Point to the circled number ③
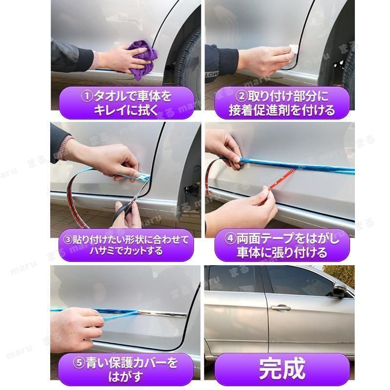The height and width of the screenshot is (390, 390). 68,240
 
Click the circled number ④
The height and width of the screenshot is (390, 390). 230,238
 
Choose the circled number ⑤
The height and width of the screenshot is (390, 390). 79,363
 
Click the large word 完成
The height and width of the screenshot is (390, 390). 282,369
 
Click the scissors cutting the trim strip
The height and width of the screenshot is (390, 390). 128,204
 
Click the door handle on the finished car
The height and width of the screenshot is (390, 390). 281,308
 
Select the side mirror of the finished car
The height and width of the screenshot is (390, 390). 340,289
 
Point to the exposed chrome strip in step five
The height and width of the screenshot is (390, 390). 162,314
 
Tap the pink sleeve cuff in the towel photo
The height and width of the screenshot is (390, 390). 94,59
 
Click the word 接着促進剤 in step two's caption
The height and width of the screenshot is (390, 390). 257,110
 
